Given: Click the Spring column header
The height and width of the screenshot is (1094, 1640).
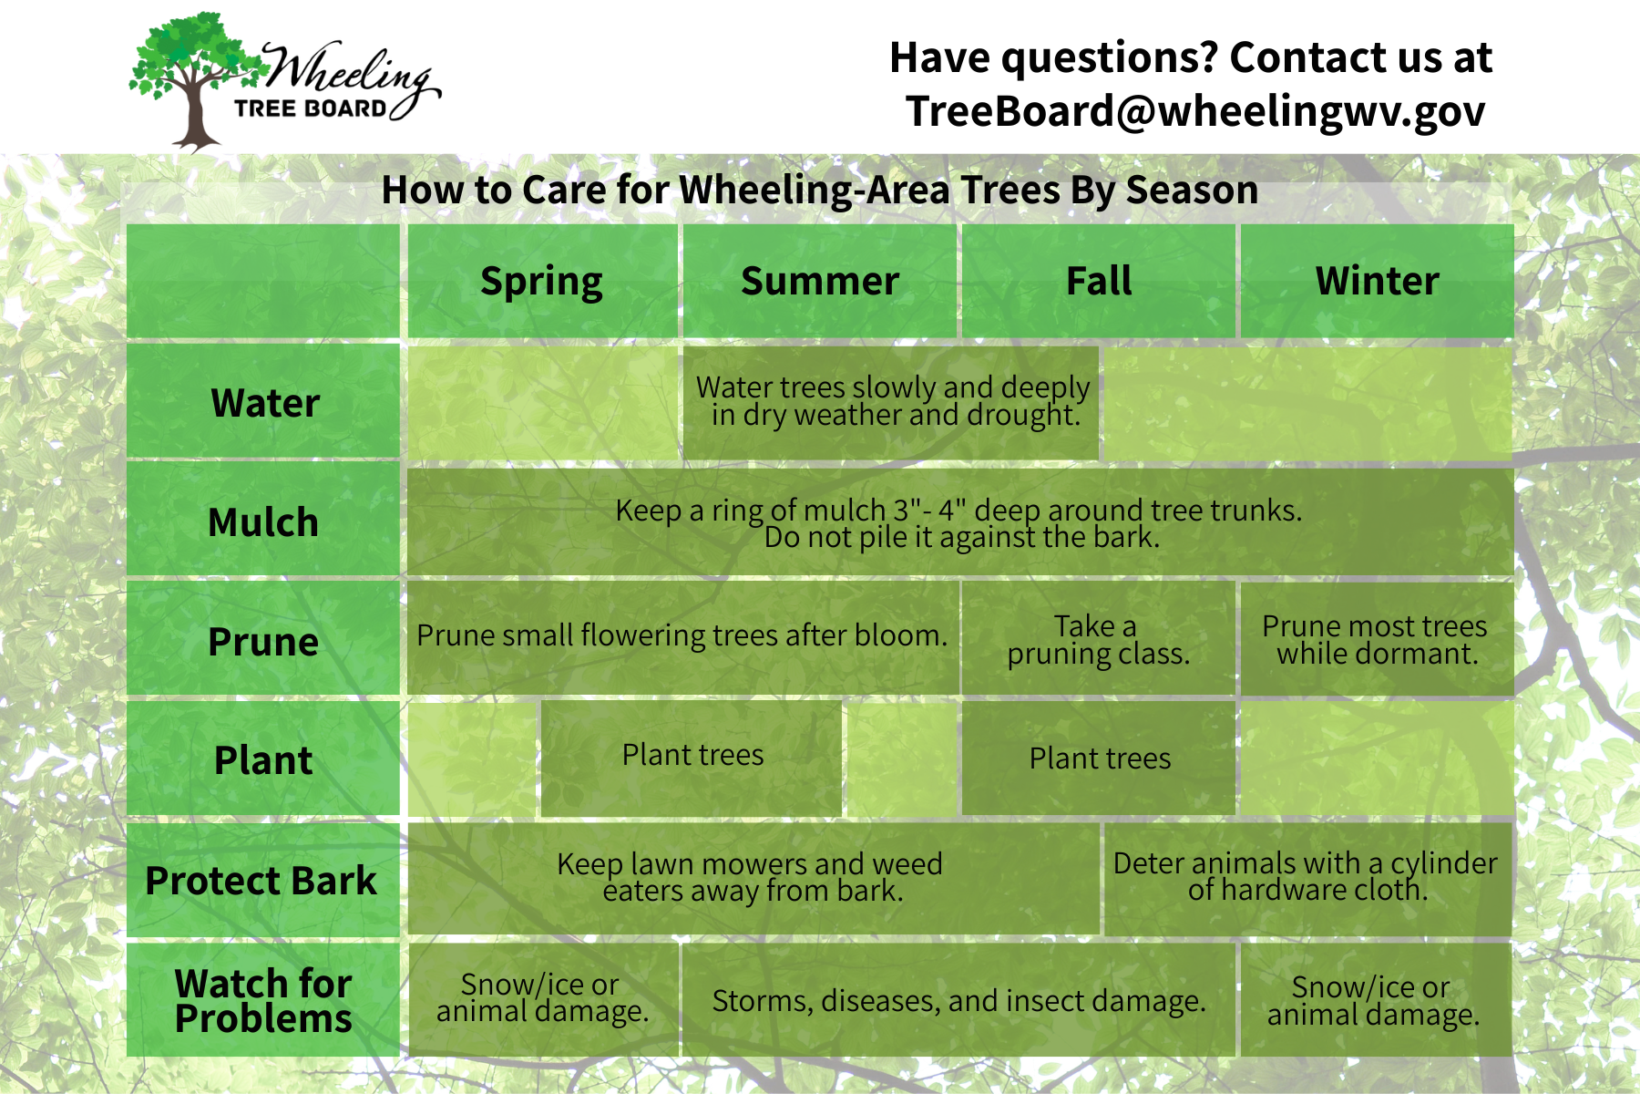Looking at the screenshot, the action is (x=542, y=281).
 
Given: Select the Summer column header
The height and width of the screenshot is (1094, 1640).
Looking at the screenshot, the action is (x=820, y=281).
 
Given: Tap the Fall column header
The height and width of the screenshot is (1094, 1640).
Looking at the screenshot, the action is (x=1099, y=281).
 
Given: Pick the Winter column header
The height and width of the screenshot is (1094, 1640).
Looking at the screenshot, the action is (x=1377, y=281).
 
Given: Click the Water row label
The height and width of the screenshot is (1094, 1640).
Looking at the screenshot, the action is (x=263, y=401).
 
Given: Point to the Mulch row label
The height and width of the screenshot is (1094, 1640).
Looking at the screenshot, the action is (x=263, y=521).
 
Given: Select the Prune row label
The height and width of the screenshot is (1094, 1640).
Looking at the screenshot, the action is (x=263, y=640).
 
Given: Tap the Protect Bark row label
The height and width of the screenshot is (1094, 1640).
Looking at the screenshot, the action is (x=263, y=880).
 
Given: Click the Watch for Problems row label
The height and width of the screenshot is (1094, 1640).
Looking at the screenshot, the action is (x=263, y=1000).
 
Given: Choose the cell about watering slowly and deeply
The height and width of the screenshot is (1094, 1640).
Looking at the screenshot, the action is (x=891, y=402).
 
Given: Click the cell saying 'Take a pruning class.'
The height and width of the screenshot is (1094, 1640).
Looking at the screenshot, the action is (x=1099, y=639).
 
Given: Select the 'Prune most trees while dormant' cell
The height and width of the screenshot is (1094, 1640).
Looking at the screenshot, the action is (x=1377, y=639).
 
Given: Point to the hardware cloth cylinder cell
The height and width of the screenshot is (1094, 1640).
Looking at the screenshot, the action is (x=1307, y=878).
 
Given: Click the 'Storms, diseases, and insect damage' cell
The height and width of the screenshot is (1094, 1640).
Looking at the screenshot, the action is (x=958, y=1000).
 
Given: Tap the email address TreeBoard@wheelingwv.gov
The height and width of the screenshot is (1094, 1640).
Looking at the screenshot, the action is (x=1195, y=112).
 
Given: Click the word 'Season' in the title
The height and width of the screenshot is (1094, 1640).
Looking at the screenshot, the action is (x=1192, y=190).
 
